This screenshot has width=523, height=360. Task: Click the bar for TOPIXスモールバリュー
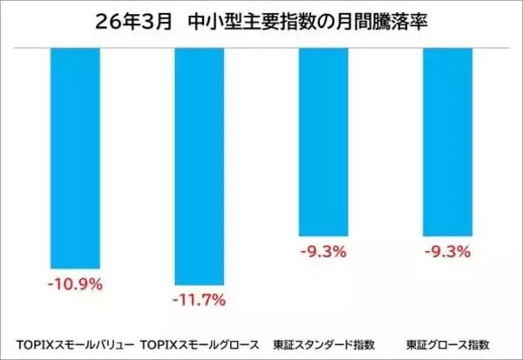pyautogui.click(x=76, y=157)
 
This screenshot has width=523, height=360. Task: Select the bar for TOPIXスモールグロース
pyautogui.click(x=200, y=166)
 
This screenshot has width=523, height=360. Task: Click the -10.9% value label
pyautogui.click(x=76, y=283)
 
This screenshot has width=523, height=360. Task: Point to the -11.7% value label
pyautogui.click(x=200, y=300)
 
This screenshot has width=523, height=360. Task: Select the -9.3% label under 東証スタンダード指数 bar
pyautogui.click(x=323, y=252)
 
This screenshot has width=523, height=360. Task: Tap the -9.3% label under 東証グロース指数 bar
pyautogui.click(x=447, y=252)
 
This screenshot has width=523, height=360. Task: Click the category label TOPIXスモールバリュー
pyautogui.click(x=76, y=343)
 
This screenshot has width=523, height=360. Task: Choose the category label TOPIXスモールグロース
pyautogui.click(x=200, y=343)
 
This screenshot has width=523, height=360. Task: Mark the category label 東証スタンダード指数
pyautogui.click(x=323, y=343)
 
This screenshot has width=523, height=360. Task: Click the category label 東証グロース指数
pyautogui.click(x=447, y=343)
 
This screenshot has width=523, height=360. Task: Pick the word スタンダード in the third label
pyautogui.click(x=322, y=343)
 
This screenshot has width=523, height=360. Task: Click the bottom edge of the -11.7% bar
pyautogui.click(x=200, y=284)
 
